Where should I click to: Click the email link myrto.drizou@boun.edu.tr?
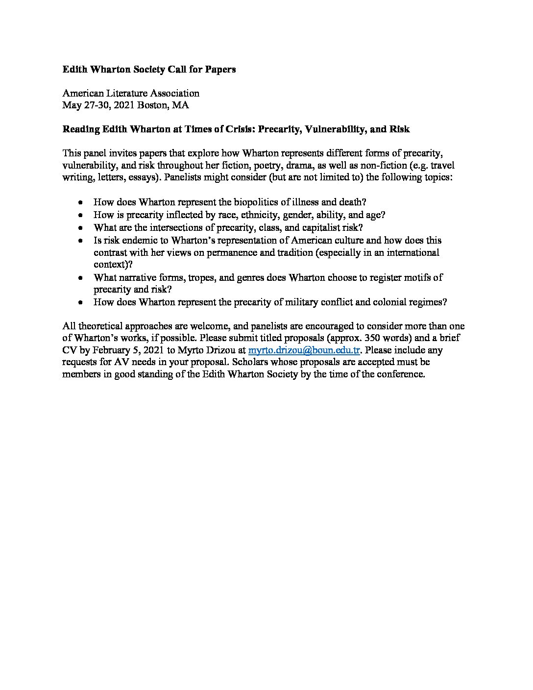(x=304, y=350)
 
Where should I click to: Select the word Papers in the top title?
(x=221, y=70)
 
